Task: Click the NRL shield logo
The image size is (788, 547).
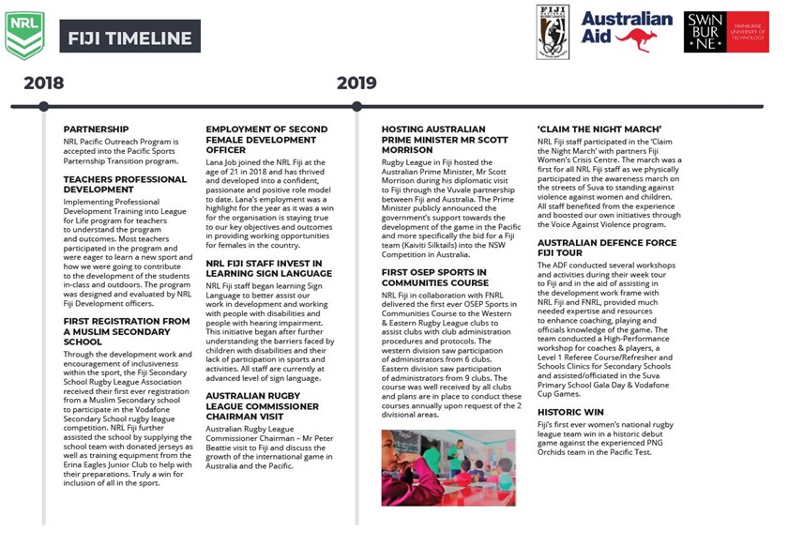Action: click(24, 36)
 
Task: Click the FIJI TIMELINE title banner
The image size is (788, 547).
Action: click(130, 39)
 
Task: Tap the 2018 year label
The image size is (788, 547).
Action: click(44, 84)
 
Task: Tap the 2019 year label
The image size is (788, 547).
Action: click(356, 84)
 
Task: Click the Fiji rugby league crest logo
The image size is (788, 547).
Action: click(553, 32)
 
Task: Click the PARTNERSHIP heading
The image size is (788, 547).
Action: click(97, 129)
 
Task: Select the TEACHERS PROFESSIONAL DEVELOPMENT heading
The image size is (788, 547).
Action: click(125, 184)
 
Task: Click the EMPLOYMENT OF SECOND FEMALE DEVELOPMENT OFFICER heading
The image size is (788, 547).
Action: click(266, 139)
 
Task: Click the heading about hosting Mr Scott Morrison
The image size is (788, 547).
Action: click(433, 139)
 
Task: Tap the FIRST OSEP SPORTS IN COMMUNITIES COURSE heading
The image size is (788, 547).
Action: click(434, 277)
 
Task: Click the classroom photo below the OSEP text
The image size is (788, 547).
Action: click(448, 467)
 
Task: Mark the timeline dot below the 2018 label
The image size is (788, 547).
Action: click(44, 106)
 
